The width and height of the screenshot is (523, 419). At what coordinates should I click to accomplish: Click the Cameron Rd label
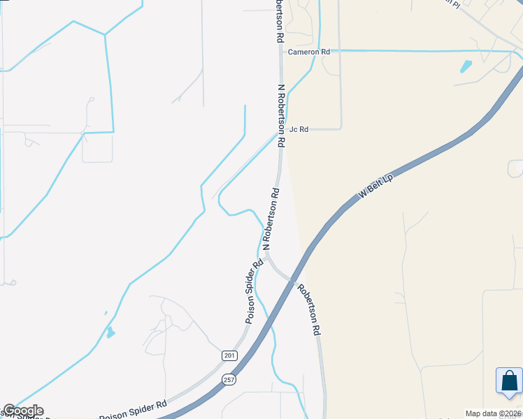point(308,52)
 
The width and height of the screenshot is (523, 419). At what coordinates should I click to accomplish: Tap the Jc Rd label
point(299,129)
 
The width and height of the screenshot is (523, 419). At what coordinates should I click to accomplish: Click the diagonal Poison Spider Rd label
point(254,291)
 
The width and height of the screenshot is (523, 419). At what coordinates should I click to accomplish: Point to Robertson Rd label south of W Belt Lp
point(308,309)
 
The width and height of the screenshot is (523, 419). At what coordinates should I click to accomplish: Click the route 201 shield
point(230,355)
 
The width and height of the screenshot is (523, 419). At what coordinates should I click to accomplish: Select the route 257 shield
point(230,379)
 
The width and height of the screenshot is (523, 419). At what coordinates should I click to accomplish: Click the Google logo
point(22,411)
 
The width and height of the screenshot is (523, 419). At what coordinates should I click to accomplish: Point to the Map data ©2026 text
point(493,413)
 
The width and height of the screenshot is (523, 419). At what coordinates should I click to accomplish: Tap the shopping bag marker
point(509,381)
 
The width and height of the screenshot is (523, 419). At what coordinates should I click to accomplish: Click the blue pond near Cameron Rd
point(466,67)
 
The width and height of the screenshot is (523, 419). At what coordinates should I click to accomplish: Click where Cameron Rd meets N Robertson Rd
point(280,52)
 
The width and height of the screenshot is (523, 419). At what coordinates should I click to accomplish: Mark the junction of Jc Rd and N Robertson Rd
point(281,129)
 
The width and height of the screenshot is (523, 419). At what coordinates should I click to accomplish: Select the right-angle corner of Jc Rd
point(341,128)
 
